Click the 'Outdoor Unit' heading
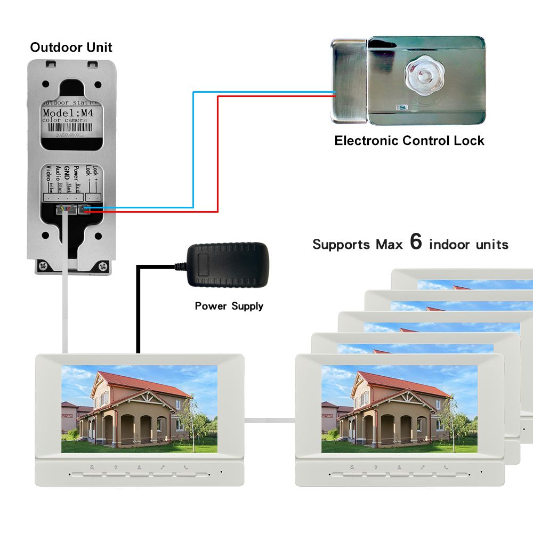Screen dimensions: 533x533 coord(71,47)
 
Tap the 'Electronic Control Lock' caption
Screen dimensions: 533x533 coord(409,141)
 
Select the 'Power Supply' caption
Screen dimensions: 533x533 coord(229,306)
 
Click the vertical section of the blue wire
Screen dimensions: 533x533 coord(193,149)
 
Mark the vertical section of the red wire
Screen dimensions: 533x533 coord(217,155)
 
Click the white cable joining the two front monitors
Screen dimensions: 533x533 coord(270,420)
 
